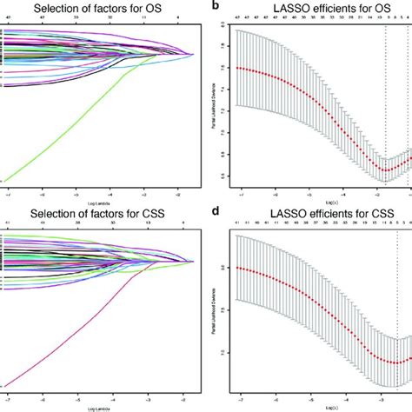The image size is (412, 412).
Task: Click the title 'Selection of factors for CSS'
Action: pyautogui.click(x=103, y=213)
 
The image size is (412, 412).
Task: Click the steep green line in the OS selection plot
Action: pyautogui.click(x=70, y=130)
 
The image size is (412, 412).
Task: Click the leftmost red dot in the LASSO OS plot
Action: pyautogui.click(x=237, y=68)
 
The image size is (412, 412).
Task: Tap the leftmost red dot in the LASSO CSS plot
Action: pyautogui.click(x=237, y=268)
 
